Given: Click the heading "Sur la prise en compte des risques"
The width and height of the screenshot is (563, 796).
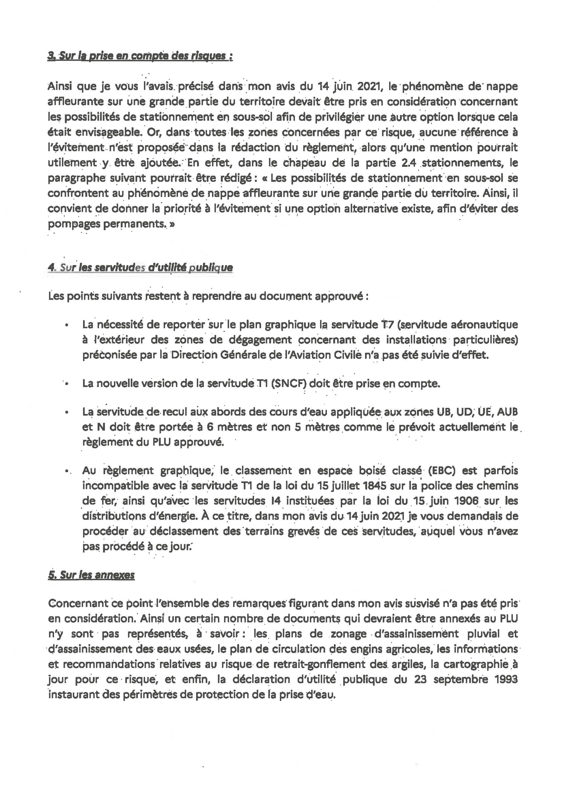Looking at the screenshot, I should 140,56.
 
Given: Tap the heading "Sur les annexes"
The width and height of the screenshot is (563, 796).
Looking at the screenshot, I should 91,575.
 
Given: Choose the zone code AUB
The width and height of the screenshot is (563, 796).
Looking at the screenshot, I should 507,412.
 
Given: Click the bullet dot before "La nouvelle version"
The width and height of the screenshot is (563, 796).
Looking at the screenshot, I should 66,384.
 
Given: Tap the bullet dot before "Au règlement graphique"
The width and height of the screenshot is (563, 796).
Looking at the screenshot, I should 66,471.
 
